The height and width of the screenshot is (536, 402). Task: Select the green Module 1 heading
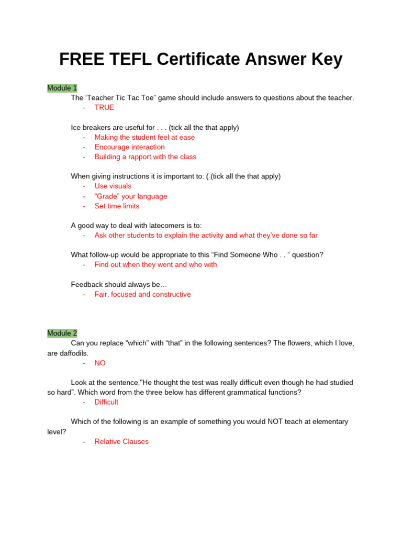pyautogui.click(x=62, y=88)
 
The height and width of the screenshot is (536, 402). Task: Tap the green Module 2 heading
pyautogui.click(x=62, y=333)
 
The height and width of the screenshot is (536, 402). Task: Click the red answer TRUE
pyautogui.click(x=104, y=107)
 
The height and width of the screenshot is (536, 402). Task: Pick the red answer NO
pyautogui.click(x=100, y=363)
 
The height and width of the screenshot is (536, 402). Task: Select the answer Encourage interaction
pyautogui.click(x=129, y=147)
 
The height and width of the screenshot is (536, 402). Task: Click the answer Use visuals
pyautogui.click(x=113, y=186)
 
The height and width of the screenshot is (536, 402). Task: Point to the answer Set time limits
pyautogui.click(x=117, y=206)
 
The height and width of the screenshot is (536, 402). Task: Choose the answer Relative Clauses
pyautogui.click(x=121, y=441)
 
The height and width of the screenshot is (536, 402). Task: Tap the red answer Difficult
pyautogui.click(x=106, y=402)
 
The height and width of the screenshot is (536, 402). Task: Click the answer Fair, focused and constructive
pyautogui.click(x=142, y=294)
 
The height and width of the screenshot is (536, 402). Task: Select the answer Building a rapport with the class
pyautogui.click(x=146, y=157)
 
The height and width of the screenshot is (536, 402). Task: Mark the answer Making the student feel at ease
pyautogui.click(x=144, y=137)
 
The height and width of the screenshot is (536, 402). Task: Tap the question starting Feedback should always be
pyautogui.click(x=119, y=284)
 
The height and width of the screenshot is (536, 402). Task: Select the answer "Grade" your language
pyautogui.click(x=131, y=196)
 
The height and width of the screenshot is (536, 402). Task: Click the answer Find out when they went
pyautogui.click(x=155, y=264)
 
